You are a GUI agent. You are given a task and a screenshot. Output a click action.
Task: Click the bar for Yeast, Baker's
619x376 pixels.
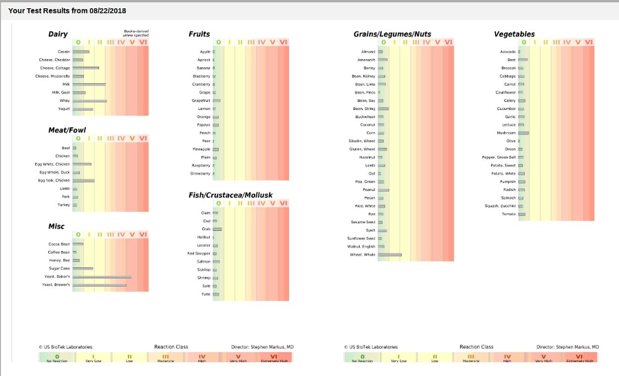102,277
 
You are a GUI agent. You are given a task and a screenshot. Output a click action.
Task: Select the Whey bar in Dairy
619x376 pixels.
89,101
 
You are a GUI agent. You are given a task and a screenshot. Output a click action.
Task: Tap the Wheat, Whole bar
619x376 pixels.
389,255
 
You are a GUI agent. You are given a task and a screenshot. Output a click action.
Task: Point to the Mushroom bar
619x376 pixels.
523,133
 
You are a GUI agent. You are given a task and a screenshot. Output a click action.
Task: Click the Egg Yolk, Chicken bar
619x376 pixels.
83,180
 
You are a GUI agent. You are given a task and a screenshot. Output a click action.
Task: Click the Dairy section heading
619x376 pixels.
58,34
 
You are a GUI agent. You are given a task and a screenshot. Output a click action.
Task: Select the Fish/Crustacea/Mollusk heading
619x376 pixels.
230,195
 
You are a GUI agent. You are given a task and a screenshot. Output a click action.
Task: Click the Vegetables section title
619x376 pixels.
514,34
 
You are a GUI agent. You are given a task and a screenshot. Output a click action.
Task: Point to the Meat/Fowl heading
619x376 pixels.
67,130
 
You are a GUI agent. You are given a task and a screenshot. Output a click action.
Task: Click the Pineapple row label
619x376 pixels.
202,149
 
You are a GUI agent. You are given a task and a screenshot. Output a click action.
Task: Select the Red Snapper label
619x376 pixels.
199,254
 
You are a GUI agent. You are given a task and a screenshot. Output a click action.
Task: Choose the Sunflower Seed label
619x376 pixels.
361,238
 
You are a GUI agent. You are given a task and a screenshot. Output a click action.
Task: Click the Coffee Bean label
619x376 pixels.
59,252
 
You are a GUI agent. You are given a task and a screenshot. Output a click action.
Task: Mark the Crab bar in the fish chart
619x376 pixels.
217,229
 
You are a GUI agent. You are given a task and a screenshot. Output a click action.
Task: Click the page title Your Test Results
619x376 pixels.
67,11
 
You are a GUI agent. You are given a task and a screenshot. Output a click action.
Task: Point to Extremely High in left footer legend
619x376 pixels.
274,359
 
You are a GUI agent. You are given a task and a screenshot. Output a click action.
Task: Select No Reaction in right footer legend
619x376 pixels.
362,359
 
